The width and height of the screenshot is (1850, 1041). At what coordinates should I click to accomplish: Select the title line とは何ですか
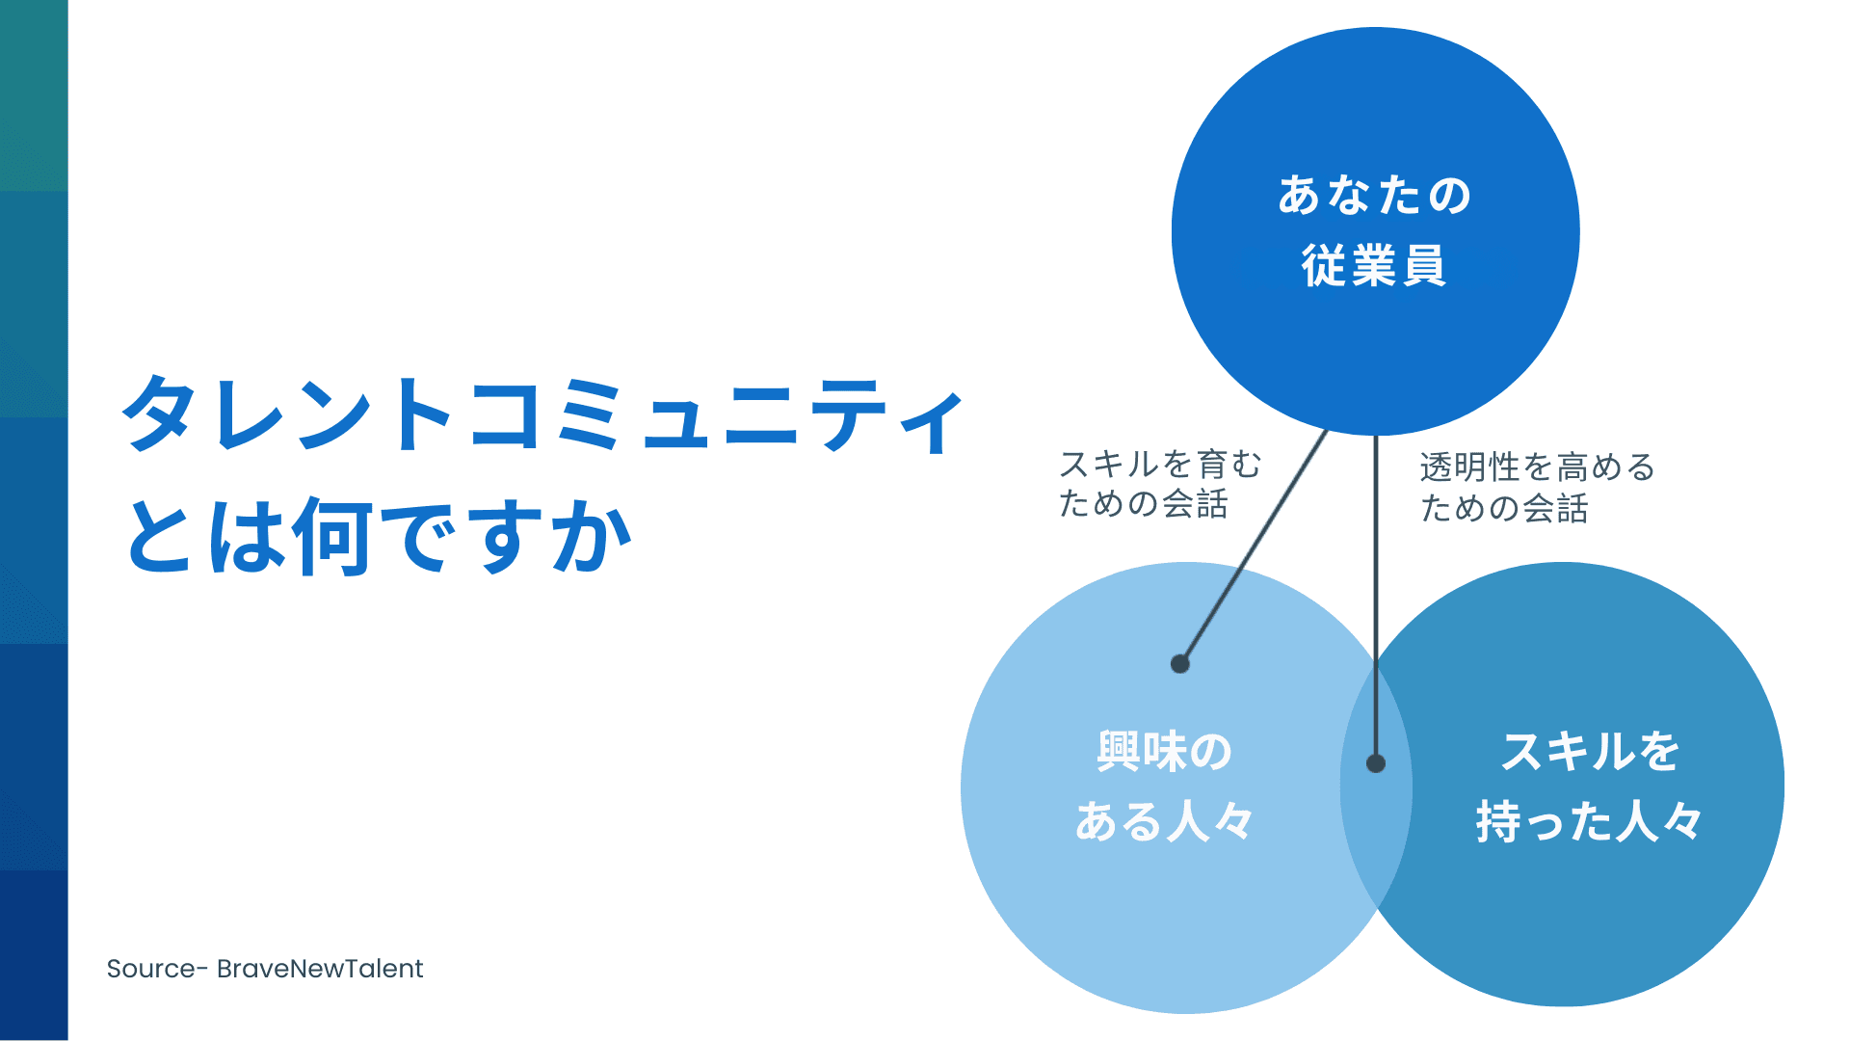pyautogui.click(x=378, y=535)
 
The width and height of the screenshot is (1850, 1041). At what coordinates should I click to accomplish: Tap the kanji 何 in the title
pyautogui.click(x=332, y=536)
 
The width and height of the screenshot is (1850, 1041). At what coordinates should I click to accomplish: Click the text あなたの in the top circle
pyautogui.click(x=1375, y=196)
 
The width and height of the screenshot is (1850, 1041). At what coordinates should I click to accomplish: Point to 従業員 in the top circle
pyautogui.click(x=1375, y=266)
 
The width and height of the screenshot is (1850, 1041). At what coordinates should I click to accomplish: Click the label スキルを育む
pyautogui.click(x=1160, y=465)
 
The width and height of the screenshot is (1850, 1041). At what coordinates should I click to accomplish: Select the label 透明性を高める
pyautogui.click(x=1537, y=467)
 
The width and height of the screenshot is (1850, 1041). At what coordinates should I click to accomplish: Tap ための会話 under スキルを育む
pyautogui.click(x=1144, y=504)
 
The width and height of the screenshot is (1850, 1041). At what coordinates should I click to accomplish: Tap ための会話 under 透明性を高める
pyautogui.click(x=1504, y=508)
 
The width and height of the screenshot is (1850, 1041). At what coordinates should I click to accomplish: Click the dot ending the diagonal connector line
pyautogui.click(x=1180, y=663)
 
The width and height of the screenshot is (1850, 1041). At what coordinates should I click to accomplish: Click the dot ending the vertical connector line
pyautogui.click(x=1376, y=763)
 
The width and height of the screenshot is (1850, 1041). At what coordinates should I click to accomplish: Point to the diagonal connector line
pyautogui.click(x=1253, y=549)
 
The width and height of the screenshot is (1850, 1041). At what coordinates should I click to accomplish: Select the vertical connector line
pyautogui.click(x=1376, y=578)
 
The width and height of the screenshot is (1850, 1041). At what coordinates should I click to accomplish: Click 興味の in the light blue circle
pyautogui.click(x=1165, y=752)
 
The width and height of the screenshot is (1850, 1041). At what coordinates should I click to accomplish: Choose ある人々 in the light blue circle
pyautogui.click(x=1165, y=822)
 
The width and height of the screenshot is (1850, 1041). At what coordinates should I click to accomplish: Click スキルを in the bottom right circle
pyautogui.click(x=1590, y=752)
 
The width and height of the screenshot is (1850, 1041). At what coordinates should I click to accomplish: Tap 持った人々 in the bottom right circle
pyautogui.click(x=1590, y=822)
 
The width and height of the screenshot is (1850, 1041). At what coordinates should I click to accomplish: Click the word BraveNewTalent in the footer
pyautogui.click(x=320, y=969)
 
